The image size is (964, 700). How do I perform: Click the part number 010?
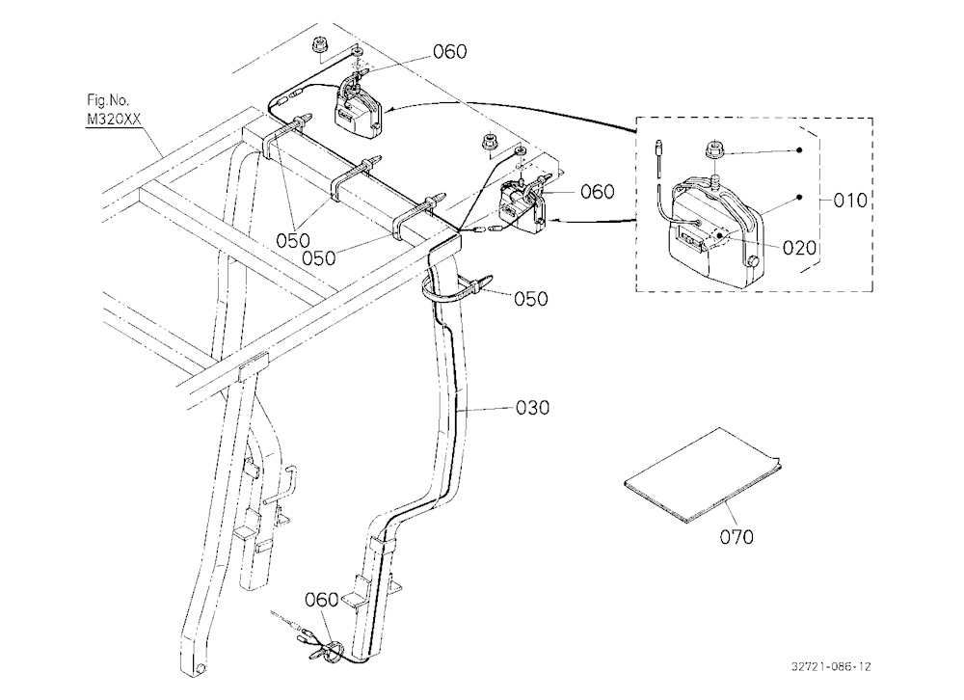click(850, 200)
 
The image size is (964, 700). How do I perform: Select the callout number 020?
click(799, 248)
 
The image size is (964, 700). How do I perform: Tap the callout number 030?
click(532, 407)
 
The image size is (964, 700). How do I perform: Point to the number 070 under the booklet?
click(736, 537)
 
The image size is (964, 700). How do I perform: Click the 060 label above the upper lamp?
click(450, 52)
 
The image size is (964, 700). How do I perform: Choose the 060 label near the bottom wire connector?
click(322, 599)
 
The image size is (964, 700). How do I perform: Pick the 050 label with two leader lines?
click(293, 240)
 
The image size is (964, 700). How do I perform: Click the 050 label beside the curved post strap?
click(530, 299)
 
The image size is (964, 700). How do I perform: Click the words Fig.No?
click(108, 100)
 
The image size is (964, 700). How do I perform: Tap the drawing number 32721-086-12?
click(831, 666)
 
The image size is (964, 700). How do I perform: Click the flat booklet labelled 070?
click(701, 475)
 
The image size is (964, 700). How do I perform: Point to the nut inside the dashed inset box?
click(715, 148)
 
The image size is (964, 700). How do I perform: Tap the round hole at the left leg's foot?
click(201, 667)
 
